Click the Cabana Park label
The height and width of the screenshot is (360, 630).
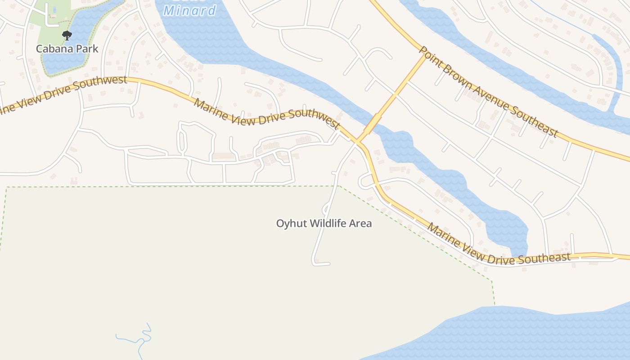(67, 49)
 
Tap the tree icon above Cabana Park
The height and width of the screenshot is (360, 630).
(67, 35)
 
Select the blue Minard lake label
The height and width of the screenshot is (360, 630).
(189, 10)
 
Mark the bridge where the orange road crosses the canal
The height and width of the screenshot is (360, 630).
(373, 123)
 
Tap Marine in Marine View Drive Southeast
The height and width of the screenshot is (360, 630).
(442, 234)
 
